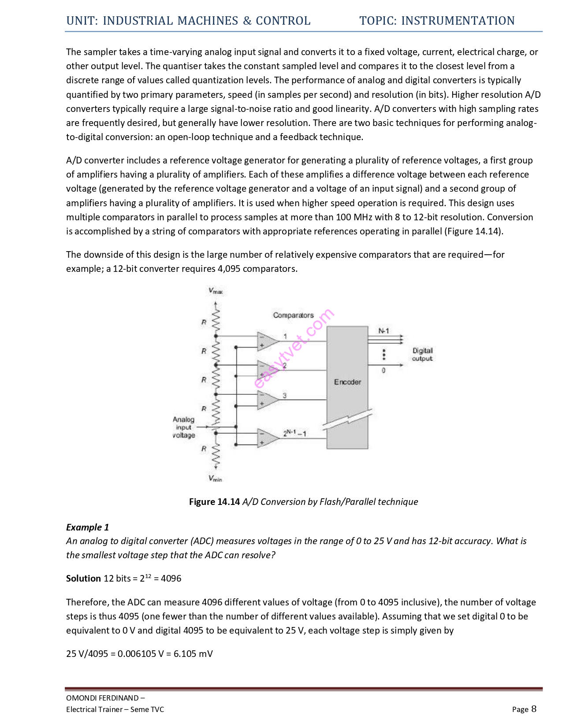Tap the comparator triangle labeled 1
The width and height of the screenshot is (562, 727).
pos(267,341)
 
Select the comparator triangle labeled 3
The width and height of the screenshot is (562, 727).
pos(267,400)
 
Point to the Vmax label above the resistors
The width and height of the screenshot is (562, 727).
pos(216,291)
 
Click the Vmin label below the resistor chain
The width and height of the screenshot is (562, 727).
pos(216,478)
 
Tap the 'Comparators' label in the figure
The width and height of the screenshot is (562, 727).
pos(293,315)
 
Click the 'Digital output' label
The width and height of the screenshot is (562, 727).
pos(422,354)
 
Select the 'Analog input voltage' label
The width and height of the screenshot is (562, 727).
pos(184,427)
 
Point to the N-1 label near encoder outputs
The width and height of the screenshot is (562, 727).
pos(384,331)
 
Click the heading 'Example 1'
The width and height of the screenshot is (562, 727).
pos(87,527)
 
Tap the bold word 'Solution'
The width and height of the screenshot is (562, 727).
pos(84,579)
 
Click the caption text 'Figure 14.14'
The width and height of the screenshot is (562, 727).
pos(214,502)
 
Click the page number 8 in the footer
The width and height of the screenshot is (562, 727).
pos(534,709)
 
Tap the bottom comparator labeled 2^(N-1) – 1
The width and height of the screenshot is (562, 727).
pos(267,438)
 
